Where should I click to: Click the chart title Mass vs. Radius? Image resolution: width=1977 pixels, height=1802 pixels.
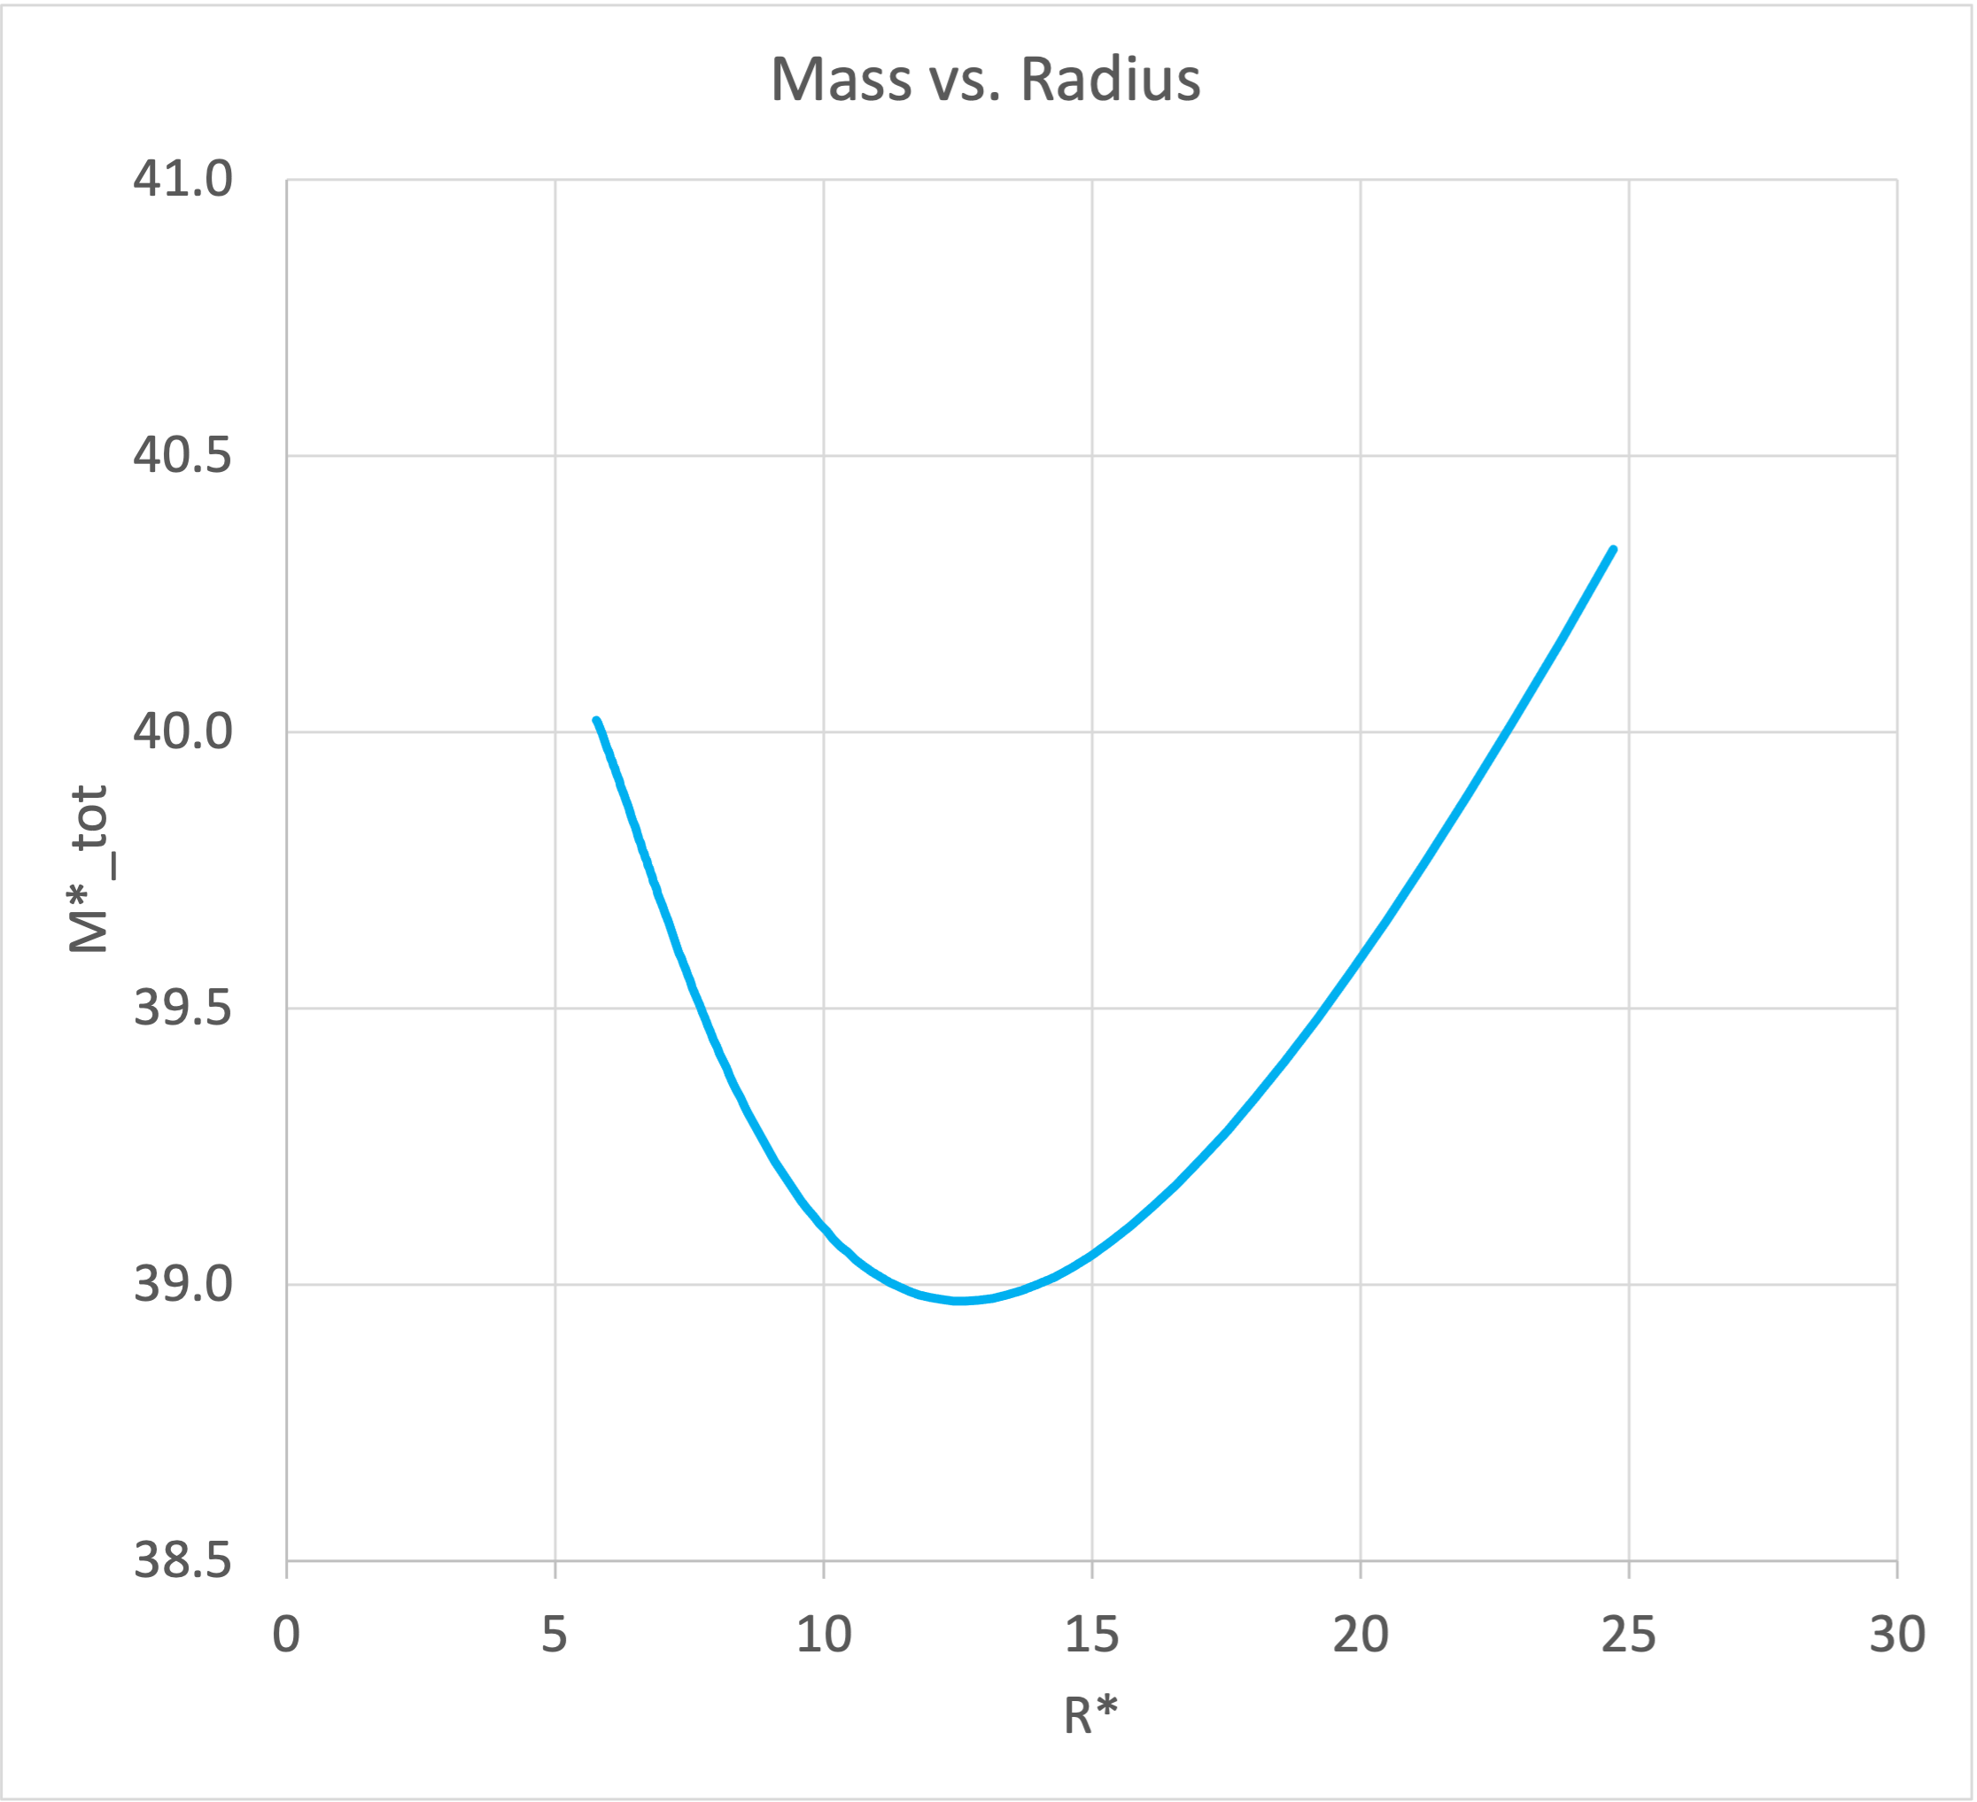pyautogui.click(x=985, y=80)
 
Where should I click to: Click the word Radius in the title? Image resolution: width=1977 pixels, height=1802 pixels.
pyautogui.click(x=1110, y=80)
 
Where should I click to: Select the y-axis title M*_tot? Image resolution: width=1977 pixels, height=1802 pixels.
pyautogui.click(x=89, y=869)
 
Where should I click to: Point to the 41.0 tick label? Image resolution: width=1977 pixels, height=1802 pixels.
pyautogui.click(x=183, y=180)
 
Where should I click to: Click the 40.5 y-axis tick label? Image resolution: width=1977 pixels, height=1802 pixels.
pyautogui.click(x=183, y=456)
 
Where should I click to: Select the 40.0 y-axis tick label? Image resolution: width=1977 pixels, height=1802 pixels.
pyautogui.click(x=183, y=732)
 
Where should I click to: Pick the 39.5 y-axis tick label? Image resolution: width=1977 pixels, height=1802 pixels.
pyautogui.click(x=183, y=1009)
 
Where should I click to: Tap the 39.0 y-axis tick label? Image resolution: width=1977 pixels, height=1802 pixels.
pyautogui.click(x=183, y=1284)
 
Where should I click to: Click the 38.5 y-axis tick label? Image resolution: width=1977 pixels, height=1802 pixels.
pyautogui.click(x=183, y=1561)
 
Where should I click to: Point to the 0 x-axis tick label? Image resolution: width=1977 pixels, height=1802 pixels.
pyautogui.click(x=286, y=1635)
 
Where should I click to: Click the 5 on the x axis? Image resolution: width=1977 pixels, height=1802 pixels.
pyautogui.click(x=555, y=1635)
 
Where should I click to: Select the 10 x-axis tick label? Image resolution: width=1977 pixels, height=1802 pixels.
pyautogui.click(x=824, y=1635)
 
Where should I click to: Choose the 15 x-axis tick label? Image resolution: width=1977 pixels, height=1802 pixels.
pyautogui.click(x=1091, y=1635)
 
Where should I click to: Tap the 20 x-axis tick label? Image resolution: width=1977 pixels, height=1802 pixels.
pyautogui.click(x=1361, y=1635)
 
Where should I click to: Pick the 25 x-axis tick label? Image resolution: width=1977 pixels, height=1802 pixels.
pyautogui.click(x=1629, y=1635)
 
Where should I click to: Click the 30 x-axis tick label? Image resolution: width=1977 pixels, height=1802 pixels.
pyautogui.click(x=1897, y=1635)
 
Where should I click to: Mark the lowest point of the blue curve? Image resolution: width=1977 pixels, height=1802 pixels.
pyautogui.click(x=961, y=1301)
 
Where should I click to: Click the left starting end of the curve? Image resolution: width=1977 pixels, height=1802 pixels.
pyautogui.click(x=596, y=722)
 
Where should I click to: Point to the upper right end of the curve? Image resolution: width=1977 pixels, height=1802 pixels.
pyautogui.click(x=1613, y=549)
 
